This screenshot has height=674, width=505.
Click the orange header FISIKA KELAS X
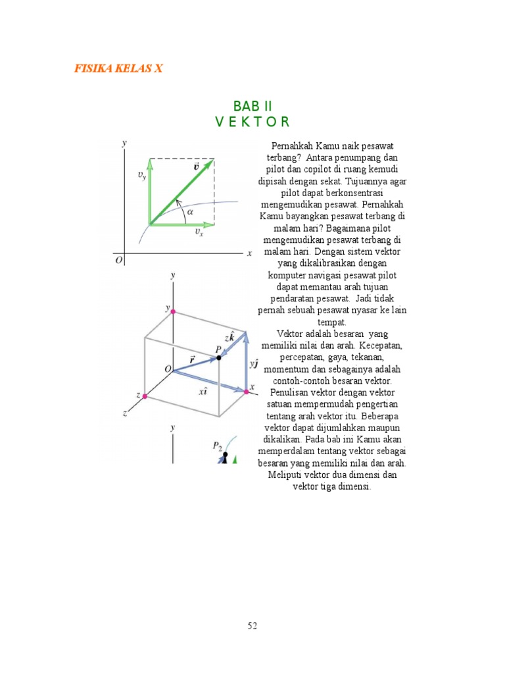(x=118, y=68)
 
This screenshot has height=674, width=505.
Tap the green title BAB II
(x=252, y=106)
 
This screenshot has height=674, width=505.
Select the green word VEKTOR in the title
(x=252, y=122)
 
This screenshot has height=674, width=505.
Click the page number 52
(x=252, y=626)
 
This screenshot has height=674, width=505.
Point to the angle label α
(x=190, y=211)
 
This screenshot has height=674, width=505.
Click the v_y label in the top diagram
(x=142, y=175)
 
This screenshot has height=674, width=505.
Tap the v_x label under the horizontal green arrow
(x=199, y=232)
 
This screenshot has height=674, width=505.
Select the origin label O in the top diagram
(x=119, y=259)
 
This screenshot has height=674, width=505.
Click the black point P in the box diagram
(x=219, y=357)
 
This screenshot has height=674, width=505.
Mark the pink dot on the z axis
(x=145, y=396)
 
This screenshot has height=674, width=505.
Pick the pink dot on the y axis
(x=173, y=311)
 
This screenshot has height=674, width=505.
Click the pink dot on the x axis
(x=247, y=392)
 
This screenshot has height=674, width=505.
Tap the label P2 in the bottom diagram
(x=217, y=446)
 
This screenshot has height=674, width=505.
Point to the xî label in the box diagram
(x=203, y=391)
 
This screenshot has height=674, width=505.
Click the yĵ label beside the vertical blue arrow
(x=254, y=363)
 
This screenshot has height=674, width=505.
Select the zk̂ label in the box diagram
(x=229, y=336)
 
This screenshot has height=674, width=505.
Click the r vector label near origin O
(x=192, y=360)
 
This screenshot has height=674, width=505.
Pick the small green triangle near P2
(x=235, y=460)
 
